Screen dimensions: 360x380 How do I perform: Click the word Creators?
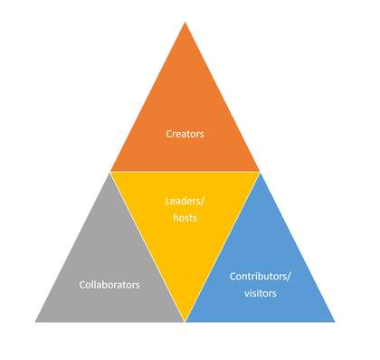pyautogui.click(x=185, y=134)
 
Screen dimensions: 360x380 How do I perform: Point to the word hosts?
pyautogui.click(x=185, y=218)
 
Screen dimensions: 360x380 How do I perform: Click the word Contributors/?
pyautogui.click(x=261, y=275)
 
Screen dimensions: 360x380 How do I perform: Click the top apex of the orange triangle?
pyautogui.click(x=185, y=23)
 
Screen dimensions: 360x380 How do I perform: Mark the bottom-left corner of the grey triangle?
pyautogui.click(x=36, y=320)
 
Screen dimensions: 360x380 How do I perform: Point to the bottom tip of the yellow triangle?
pyautogui.click(x=185, y=319)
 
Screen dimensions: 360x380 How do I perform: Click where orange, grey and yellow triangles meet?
pyautogui.click(x=110, y=172)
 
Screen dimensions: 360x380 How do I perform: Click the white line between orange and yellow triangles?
pyautogui.click(x=185, y=172)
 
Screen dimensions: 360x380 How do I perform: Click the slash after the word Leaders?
pyautogui.click(x=204, y=202)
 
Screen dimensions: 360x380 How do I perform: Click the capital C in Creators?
pyautogui.click(x=169, y=134)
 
